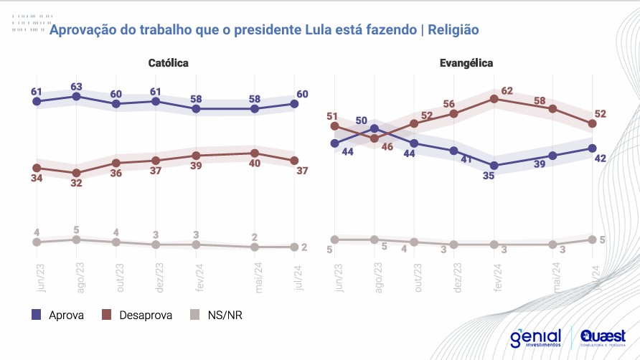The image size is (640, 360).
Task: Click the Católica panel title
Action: (x=168, y=63)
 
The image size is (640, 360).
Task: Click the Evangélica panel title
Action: (x=466, y=63)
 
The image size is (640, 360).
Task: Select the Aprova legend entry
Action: (x=60, y=315)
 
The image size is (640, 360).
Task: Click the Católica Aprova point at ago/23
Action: (x=76, y=96)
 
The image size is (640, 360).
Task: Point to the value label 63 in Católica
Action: (x=77, y=87)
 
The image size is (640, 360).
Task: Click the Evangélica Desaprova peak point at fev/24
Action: (x=494, y=99)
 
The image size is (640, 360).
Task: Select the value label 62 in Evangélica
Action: (x=507, y=91)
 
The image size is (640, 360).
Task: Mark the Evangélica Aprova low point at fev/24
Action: (x=494, y=166)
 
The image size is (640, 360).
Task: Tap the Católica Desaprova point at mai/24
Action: (x=255, y=153)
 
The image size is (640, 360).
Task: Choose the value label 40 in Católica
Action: (x=255, y=164)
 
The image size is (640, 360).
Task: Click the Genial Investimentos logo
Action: (x=536, y=336)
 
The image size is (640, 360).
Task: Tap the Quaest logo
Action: (x=603, y=336)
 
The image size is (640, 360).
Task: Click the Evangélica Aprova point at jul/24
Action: (x=592, y=148)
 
